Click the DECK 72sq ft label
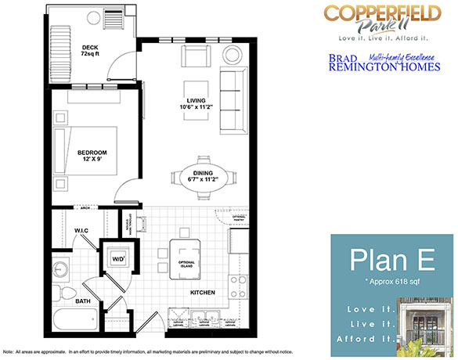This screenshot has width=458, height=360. point(90,51)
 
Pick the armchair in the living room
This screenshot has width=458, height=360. point(195,56)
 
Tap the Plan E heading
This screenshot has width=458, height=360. point(388,257)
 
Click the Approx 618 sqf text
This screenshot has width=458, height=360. point(388,279)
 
